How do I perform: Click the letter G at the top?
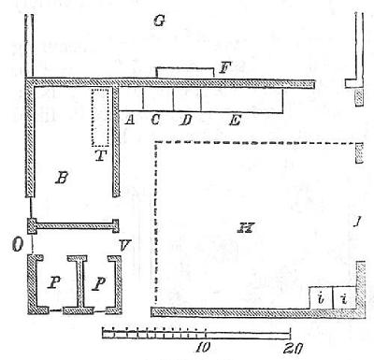(160, 21)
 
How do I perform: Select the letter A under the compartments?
(128, 119)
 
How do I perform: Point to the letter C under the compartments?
(155, 119)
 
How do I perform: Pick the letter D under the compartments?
(186, 119)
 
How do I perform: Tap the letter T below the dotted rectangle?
(100, 155)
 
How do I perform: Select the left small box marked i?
(321, 297)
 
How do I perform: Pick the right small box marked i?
(345, 297)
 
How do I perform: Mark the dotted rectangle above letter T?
(100, 117)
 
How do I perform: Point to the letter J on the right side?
(356, 221)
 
